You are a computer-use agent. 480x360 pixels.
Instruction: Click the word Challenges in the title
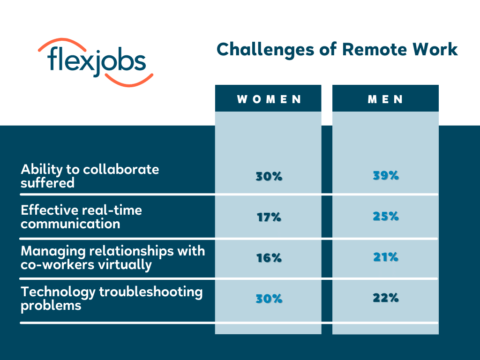[265, 50]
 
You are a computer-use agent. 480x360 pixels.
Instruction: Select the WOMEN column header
[268, 98]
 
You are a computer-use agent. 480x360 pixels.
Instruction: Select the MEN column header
[385, 98]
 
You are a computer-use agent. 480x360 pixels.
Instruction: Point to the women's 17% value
[269, 217]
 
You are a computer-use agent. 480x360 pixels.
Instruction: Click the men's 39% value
[386, 176]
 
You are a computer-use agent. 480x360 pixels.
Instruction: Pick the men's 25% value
[386, 217]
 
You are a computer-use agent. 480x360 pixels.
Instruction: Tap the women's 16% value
[269, 258]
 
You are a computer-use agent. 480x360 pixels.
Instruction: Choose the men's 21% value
[386, 257]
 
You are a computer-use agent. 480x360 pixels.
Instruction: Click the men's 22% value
[386, 298]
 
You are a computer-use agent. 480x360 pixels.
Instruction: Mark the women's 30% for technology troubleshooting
[269, 299]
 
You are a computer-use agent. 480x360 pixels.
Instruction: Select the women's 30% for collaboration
[269, 177]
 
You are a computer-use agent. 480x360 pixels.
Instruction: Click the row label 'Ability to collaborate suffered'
[90, 176]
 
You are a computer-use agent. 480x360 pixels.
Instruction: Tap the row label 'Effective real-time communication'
[81, 217]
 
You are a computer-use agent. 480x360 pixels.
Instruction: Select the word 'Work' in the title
[435, 50]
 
